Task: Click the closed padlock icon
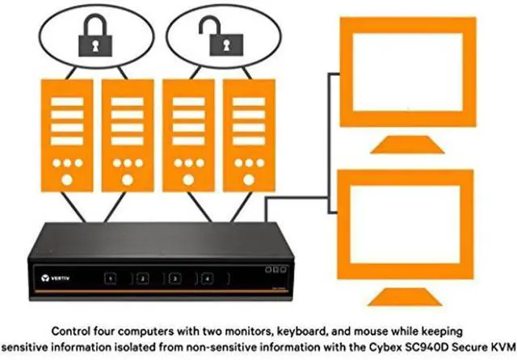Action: (95, 36)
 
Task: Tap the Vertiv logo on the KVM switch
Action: (56, 278)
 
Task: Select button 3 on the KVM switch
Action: (174, 278)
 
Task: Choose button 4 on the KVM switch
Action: (207, 278)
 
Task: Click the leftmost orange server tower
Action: (67, 136)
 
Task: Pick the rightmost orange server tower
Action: (249, 136)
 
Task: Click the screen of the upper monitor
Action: (407, 72)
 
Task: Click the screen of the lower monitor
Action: (405, 224)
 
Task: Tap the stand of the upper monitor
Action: (407, 144)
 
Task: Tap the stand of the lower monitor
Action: (405, 297)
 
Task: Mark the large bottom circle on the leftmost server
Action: (67, 180)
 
